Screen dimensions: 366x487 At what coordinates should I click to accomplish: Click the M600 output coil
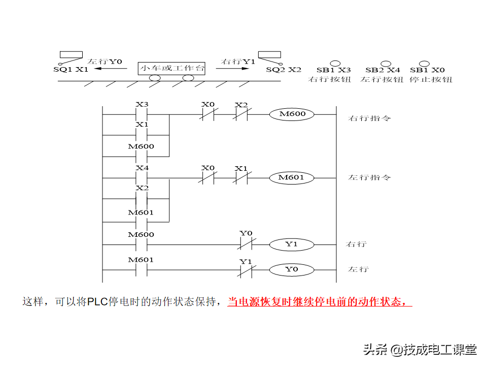293,114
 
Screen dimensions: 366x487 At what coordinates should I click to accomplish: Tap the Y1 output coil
291,244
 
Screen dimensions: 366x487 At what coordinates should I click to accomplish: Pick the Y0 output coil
291,269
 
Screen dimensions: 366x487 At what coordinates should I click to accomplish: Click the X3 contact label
142,105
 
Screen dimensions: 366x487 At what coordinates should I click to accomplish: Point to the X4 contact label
142,168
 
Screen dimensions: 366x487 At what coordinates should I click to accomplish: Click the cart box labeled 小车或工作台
172,68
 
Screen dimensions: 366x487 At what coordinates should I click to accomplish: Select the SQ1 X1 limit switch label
71,69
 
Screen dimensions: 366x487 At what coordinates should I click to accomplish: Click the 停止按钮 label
430,79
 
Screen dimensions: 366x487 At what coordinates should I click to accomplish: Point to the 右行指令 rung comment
369,118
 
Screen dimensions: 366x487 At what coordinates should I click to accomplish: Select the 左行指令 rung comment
369,178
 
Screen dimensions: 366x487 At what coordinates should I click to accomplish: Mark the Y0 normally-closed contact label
246,233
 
